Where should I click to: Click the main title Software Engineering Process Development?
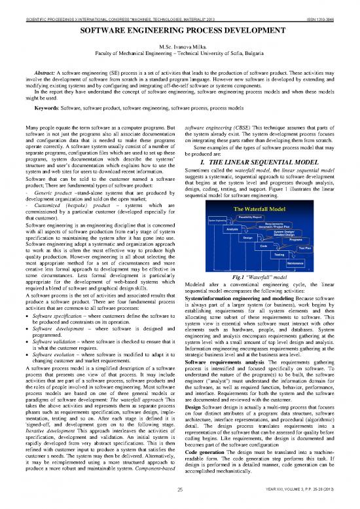coord(179,31)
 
